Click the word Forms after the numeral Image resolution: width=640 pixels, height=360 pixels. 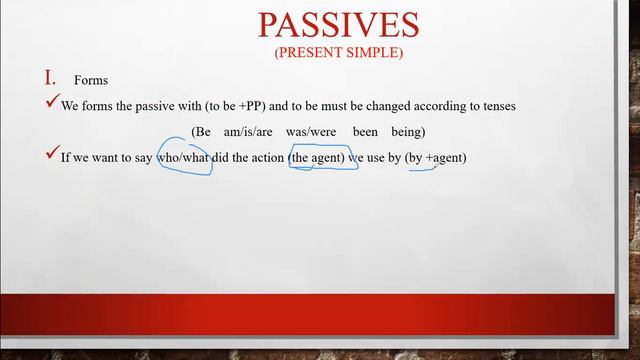click(91, 81)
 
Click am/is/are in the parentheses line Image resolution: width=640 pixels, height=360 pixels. click(248, 131)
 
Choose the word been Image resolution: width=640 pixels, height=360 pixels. click(367, 131)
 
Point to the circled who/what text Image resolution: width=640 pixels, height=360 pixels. click(184, 157)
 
